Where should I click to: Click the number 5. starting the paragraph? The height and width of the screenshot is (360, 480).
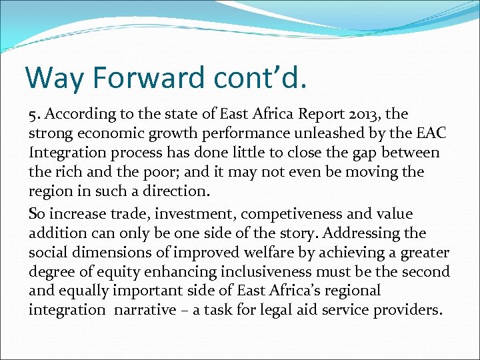pyautogui.click(x=35, y=115)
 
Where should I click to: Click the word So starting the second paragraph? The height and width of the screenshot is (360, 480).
pyautogui.click(x=38, y=214)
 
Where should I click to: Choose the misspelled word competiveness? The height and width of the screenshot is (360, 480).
pyautogui.click(x=302, y=214)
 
